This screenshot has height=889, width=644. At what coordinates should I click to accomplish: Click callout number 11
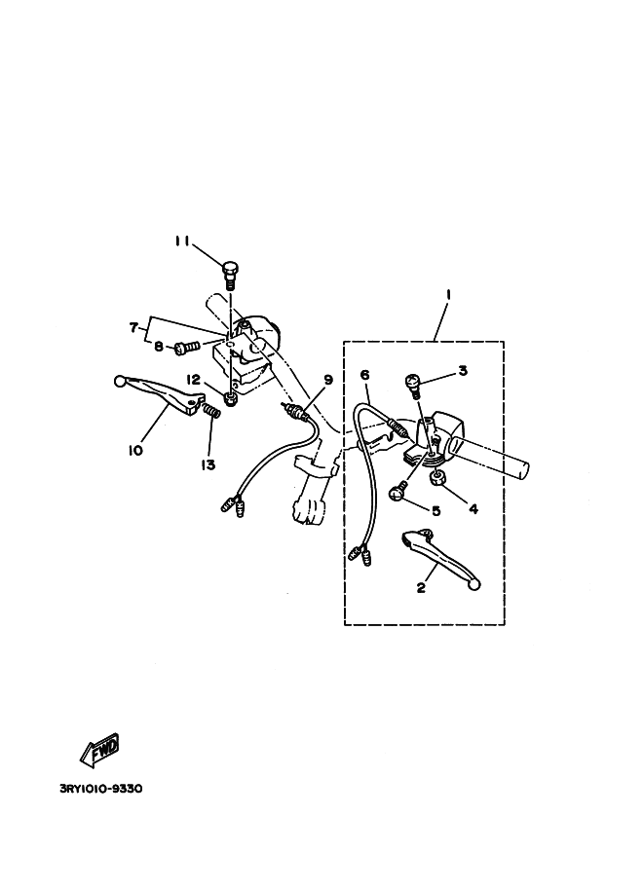tap(181, 241)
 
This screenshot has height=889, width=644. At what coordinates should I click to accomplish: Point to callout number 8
tap(158, 346)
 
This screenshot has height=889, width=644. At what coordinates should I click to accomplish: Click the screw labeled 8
tap(187, 346)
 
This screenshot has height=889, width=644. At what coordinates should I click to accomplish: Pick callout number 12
tap(194, 379)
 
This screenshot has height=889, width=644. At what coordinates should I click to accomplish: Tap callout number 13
tap(208, 464)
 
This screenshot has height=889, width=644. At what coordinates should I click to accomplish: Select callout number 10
tap(134, 450)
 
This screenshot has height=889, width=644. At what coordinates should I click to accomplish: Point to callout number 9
tap(328, 381)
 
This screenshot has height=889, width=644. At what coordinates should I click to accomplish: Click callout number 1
tap(447, 294)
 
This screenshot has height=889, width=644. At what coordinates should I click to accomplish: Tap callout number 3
tap(464, 371)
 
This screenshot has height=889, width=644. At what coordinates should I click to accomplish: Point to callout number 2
tap(422, 587)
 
